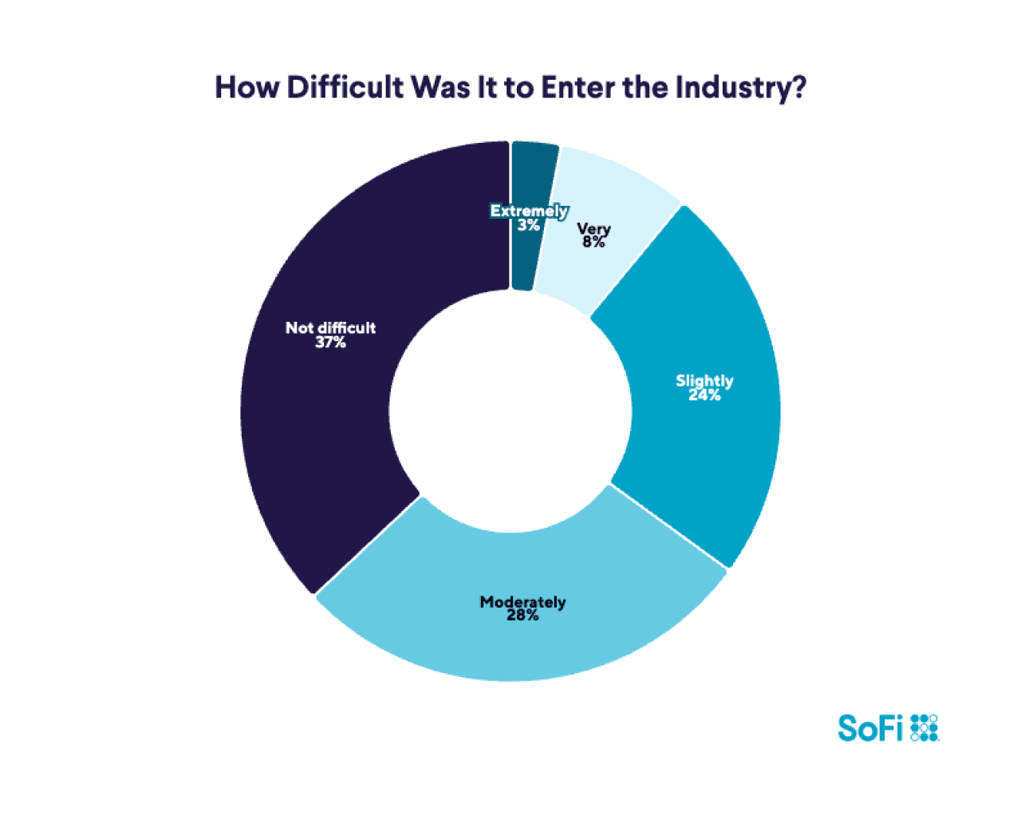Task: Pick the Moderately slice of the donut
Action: click(x=522, y=639)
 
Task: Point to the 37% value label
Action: click(x=330, y=343)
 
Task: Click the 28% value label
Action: click(x=522, y=616)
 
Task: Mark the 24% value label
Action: click(x=704, y=394)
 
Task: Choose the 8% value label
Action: click(x=593, y=242)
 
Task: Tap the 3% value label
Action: click(x=529, y=225)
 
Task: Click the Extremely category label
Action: click(x=529, y=211)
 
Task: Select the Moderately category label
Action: click(x=522, y=602)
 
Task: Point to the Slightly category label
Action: click(x=704, y=381)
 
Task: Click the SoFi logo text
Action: click(x=870, y=728)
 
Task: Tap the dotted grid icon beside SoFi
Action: click(x=924, y=728)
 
